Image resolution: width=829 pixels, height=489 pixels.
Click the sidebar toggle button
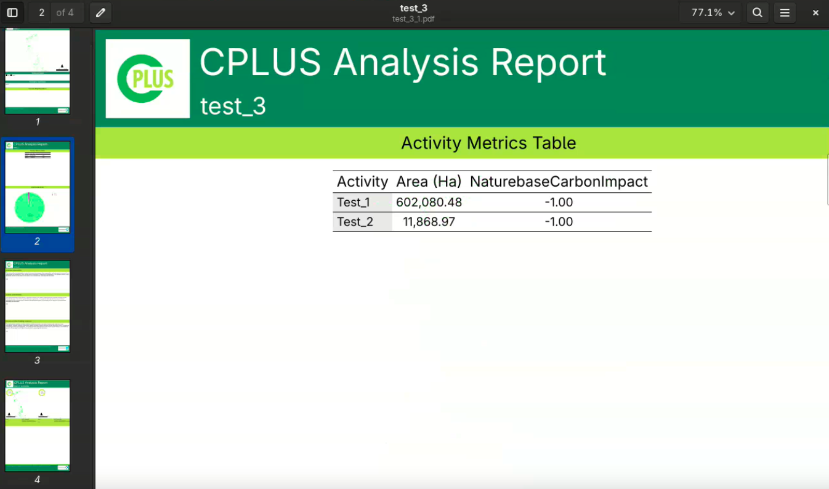point(12,12)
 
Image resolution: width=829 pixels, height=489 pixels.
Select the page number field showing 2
point(42,12)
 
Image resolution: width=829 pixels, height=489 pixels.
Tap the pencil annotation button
point(100,12)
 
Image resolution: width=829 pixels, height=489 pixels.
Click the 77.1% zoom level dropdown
point(712,12)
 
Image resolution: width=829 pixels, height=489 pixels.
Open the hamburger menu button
point(785,12)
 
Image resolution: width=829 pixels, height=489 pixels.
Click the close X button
point(815,12)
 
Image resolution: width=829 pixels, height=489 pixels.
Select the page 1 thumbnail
point(38,71)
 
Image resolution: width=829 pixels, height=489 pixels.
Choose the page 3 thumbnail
point(38,306)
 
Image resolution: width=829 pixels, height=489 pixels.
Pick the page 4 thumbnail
point(38,425)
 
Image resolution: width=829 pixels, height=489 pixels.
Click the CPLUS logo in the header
point(148,79)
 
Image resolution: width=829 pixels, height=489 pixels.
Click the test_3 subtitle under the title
point(233,107)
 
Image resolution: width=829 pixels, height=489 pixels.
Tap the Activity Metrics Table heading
point(488,143)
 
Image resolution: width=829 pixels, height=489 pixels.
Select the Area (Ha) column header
point(429,182)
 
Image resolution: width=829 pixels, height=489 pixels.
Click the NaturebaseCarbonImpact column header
point(559,182)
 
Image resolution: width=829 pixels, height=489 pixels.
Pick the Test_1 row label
point(354,203)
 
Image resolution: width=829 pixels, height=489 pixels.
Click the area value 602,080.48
point(429,203)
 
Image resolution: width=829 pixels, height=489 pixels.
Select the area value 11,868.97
point(429,222)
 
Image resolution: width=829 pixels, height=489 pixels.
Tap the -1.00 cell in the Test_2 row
point(559,222)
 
